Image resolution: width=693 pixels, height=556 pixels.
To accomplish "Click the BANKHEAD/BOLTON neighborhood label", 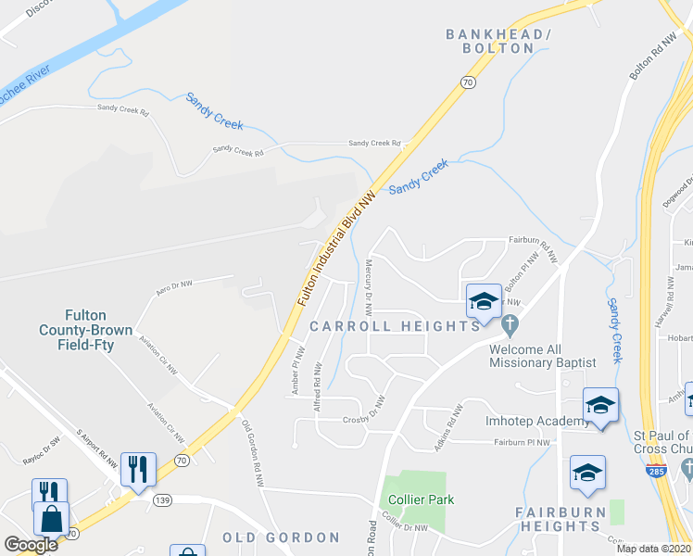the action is [498, 41].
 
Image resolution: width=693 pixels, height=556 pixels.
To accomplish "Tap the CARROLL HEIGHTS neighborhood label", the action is [395, 326].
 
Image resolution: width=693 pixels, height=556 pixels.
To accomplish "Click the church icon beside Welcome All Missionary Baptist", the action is [509, 325].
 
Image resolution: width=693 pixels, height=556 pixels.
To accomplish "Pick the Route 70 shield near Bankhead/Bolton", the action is [468, 82].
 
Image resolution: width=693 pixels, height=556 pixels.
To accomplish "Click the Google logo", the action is [31, 545].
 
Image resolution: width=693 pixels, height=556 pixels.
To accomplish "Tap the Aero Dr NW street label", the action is [173, 288].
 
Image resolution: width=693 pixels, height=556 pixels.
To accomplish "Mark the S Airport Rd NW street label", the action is [97, 449].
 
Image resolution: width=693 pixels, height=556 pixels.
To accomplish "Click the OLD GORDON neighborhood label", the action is [281, 537].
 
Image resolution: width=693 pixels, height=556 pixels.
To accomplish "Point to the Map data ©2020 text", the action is [654, 549].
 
